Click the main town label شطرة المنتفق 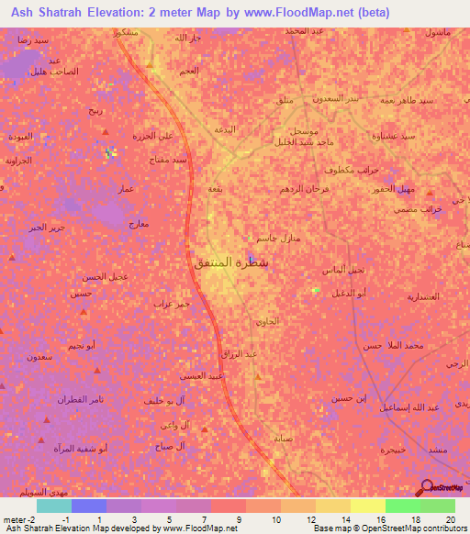click(232, 262)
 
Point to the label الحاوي click(265, 322)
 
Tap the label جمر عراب click(172, 303)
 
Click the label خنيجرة click(393, 450)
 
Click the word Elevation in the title click(140, 13)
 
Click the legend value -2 click(36, 518)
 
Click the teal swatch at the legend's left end click(54, 506)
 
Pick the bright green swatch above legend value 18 click(403, 506)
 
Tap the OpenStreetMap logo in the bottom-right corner click(441, 491)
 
